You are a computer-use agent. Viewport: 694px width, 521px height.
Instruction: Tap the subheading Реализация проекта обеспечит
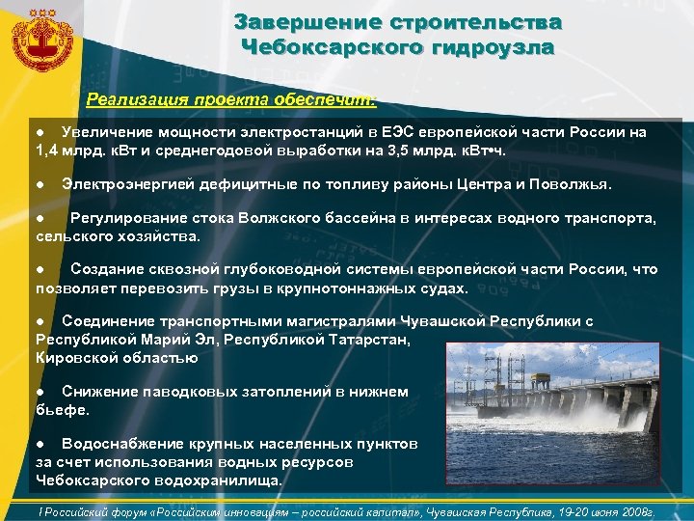(231, 98)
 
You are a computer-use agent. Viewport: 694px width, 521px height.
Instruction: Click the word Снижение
(99, 392)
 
